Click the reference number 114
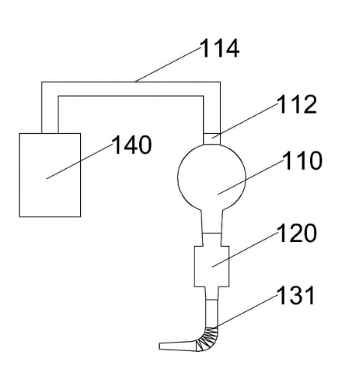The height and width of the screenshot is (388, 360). pos(219,48)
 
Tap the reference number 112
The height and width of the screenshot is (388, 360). pos(297,104)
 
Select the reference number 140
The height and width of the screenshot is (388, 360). pos(132,144)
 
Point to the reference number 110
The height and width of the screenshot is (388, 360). pos(302,161)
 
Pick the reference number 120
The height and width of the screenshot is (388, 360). pos(297,233)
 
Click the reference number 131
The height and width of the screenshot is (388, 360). pos(295,295)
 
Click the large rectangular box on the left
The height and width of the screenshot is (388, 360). pos(50,175)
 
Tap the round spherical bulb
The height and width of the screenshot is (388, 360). pos(212,177)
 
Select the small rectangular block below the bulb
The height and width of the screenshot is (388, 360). pos(212,266)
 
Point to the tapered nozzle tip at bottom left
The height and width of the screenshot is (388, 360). pos(178,346)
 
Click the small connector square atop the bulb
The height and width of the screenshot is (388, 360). pos(212,139)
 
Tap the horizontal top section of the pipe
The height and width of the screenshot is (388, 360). pos(131,89)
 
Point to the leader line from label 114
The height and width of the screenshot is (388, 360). pos(168,65)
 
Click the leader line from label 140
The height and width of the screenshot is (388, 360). pos(79,161)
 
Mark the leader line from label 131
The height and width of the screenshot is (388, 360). pos(247,310)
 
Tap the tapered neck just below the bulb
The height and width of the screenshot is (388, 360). pos(212,221)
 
